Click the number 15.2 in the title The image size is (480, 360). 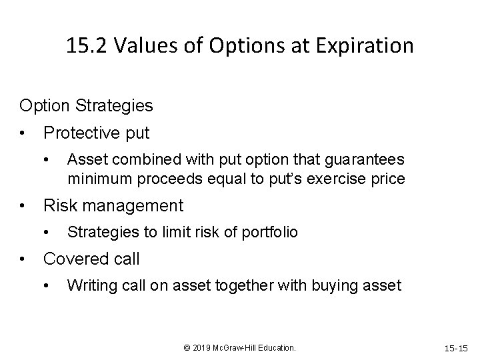click(89, 46)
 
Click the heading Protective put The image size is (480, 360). click(96, 133)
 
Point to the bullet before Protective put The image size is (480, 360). click(23, 133)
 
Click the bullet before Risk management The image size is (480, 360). click(23, 206)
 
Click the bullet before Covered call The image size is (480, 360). click(23, 259)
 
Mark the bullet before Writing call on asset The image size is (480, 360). click(47, 286)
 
